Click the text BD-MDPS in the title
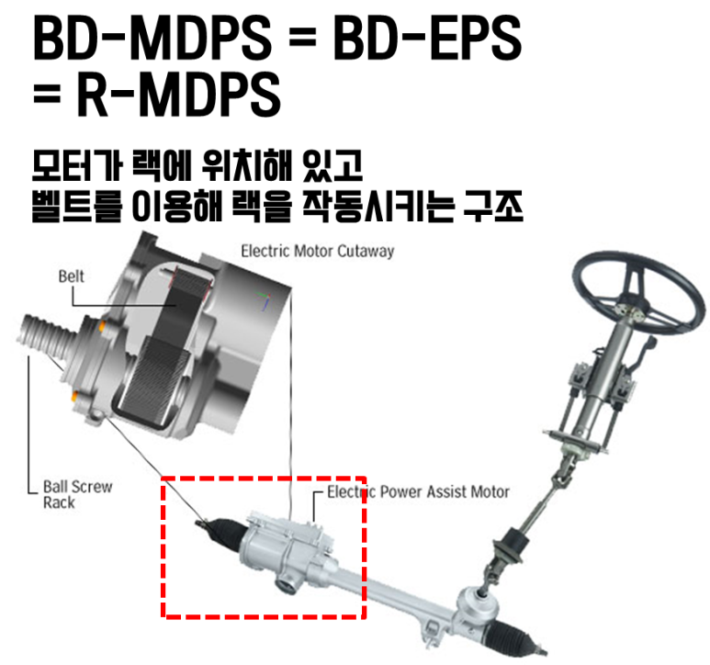152,38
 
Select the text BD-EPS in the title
428,38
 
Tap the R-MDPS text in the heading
178,95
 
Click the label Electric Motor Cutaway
318,251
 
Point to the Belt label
71,276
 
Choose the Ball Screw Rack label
77,494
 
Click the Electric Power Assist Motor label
419,491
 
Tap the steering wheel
637,294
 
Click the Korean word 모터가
77,165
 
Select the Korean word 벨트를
77,207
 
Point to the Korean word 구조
493,207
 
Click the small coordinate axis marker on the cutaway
265,299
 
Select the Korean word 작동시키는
378,207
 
